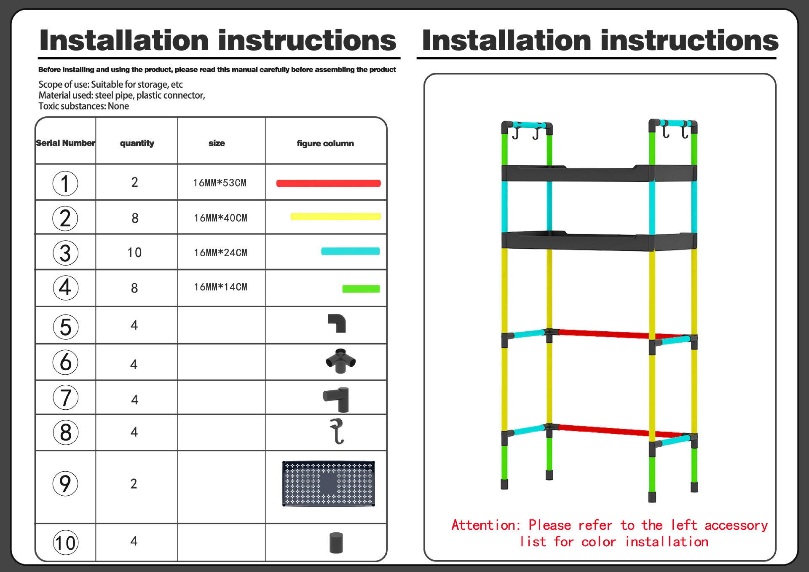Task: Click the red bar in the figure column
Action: click(328, 183)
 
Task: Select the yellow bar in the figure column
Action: click(335, 217)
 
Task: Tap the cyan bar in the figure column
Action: click(350, 251)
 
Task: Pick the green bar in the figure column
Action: click(361, 289)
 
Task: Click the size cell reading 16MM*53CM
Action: click(220, 183)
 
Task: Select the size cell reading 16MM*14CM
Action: click(220, 287)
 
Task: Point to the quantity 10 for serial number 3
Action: click(134, 252)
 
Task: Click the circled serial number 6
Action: click(65, 362)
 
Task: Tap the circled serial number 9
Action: click(65, 483)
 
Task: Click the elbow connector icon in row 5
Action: click(337, 323)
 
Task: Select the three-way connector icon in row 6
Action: click(340, 361)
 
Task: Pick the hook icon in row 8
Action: click(337, 431)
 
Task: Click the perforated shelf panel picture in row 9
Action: click(328, 483)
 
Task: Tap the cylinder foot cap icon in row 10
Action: click(336, 542)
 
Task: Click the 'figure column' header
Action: click(325, 143)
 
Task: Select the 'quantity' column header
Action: click(137, 143)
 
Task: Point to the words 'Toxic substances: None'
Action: click(83, 106)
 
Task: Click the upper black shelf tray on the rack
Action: click(598, 173)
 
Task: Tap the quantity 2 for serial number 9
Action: click(134, 483)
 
